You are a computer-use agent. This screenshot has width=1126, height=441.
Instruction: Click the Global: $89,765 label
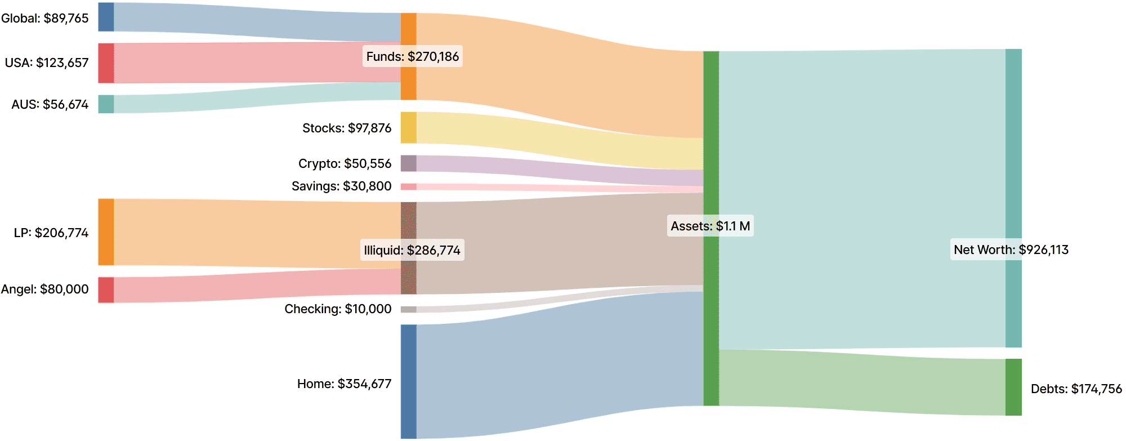click(x=45, y=18)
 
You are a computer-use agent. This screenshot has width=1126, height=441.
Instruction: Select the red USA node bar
click(x=106, y=63)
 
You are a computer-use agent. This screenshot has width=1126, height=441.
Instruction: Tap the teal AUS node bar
click(x=106, y=104)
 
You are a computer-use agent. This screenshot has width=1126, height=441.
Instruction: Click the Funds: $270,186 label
click(x=412, y=56)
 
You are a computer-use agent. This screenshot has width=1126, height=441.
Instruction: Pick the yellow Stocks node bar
click(x=408, y=127)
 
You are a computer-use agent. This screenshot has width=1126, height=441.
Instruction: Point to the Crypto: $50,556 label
click(x=345, y=163)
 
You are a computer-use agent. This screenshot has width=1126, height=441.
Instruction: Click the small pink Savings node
click(x=408, y=186)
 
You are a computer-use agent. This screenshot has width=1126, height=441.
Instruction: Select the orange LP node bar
click(x=106, y=232)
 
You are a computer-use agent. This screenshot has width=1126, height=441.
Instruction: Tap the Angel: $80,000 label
click(x=45, y=289)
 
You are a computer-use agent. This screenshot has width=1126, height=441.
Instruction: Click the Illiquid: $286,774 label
click(x=412, y=250)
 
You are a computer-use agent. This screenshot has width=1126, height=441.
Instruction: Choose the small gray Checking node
click(x=408, y=309)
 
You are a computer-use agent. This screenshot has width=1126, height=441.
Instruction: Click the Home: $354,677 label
click(x=344, y=384)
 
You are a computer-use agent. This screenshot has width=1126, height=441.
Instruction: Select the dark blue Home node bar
click(x=408, y=381)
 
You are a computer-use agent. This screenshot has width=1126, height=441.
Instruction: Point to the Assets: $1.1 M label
click(x=710, y=226)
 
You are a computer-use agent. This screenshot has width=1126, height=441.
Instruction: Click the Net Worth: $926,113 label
click(x=1011, y=250)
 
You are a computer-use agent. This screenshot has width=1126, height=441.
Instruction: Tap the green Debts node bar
click(x=1013, y=387)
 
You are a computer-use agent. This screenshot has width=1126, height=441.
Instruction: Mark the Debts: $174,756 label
click(x=1076, y=389)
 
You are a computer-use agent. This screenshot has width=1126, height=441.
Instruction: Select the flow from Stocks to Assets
click(x=557, y=141)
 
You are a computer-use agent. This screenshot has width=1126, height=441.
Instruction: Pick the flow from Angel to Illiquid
click(x=253, y=286)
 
